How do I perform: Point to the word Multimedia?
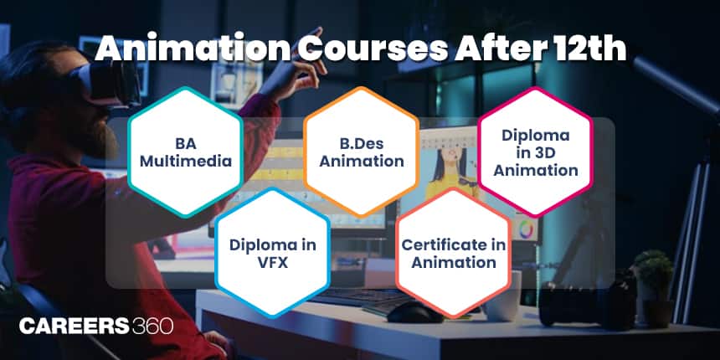(186, 162)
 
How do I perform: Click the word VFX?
(273, 263)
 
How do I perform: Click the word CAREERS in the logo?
(75, 326)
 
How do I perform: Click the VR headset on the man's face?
(111, 83)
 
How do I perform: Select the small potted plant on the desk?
(652, 280)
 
